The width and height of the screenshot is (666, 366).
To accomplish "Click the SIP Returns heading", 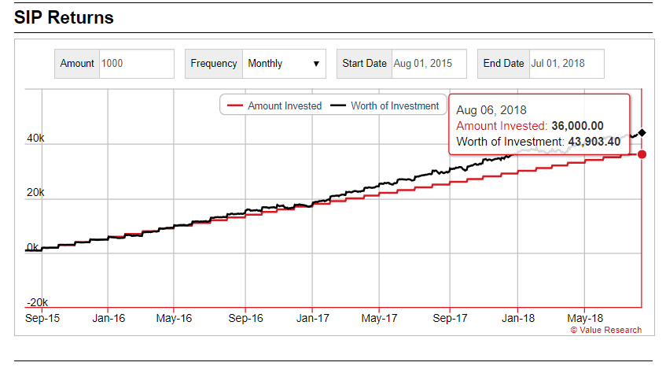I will [64, 17].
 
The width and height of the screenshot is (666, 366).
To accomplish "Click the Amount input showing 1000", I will [136, 64].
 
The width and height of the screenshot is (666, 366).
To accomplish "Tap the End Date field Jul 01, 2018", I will [565, 64].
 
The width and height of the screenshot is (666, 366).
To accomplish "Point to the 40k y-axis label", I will [36, 139].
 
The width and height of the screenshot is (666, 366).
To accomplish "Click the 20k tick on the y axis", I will [36, 193].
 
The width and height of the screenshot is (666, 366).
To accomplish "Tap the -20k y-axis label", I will [36, 302].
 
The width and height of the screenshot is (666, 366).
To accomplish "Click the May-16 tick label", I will [174, 318].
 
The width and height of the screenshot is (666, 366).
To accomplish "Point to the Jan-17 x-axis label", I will [312, 318].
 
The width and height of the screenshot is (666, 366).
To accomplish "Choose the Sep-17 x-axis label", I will [450, 318].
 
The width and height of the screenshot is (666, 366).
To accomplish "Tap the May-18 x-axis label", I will [584, 318].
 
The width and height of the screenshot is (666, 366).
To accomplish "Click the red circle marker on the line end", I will [642, 154].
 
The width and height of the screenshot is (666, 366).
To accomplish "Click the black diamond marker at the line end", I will [642, 132].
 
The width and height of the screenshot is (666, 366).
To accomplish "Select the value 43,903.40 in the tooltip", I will [594, 142].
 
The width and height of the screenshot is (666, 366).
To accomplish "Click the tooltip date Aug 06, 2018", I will [491, 110].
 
